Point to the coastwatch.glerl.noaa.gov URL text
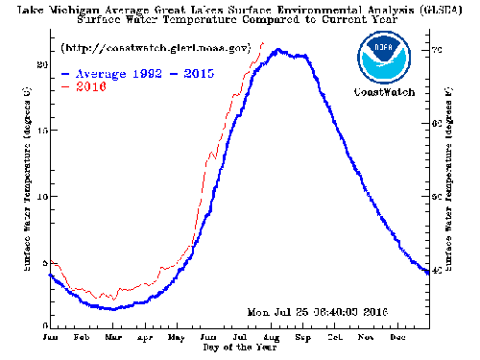tap(156, 47)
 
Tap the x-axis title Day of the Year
tap(237, 347)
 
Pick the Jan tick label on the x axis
tap(51, 337)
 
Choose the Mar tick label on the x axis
tap(112, 337)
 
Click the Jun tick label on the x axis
tap(207, 337)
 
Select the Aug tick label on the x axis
tap(271, 337)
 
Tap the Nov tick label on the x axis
tap(366, 337)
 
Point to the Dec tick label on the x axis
tap(396, 337)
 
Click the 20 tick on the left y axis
tap(41, 64)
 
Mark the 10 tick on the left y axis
tap(41, 196)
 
